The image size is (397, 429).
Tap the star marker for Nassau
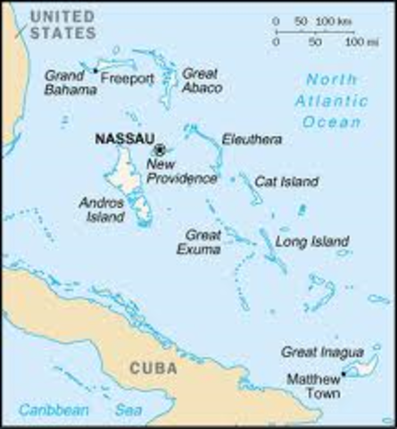click(161, 149)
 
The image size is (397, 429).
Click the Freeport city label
click(128, 79)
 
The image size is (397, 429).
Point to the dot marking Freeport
click(96, 70)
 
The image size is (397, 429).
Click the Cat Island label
click(287, 181)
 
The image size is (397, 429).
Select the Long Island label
click(309, 242)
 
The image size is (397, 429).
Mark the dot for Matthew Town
click(343, 374)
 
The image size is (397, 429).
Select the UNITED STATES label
click(62, 24)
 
